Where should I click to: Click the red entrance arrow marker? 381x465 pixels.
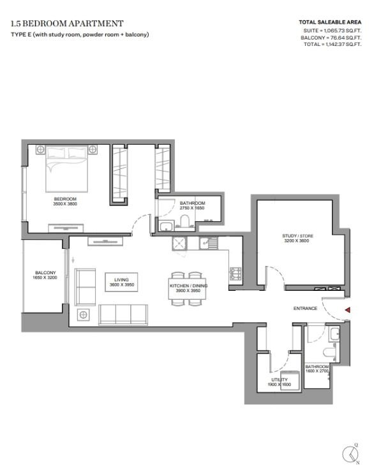(x=347, y=310)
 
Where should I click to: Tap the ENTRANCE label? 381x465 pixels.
(x=305, y=309)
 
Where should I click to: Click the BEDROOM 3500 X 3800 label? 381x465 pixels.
(x=65, y=202)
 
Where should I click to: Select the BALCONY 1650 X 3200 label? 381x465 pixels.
(x=45, y=275)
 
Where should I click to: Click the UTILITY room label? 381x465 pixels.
(x=280, y=380)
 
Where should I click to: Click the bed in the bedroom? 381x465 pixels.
(x=67, y=169)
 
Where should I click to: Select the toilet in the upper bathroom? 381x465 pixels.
(x=185, y=221)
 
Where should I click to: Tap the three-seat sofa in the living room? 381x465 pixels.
(x=123, y=314)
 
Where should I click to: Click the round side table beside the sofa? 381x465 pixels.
(x=83, y=314)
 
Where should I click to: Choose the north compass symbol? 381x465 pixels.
(x=351, y=454)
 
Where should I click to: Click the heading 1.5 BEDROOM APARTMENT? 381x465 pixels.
(x=67, y=24)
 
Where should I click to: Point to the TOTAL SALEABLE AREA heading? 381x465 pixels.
(x=330, y=22)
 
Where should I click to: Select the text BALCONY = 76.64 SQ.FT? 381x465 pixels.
(x=331, y=38)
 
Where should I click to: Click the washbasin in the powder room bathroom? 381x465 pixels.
(x=334, y=334)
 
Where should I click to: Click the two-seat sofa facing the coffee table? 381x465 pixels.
(x=85, y=287)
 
